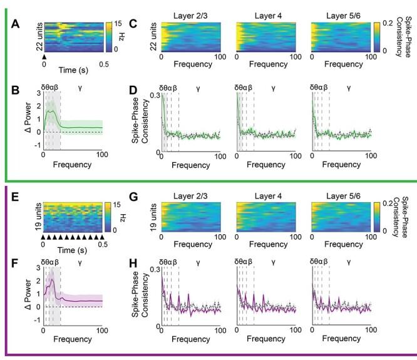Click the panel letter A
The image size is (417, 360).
point(16,24)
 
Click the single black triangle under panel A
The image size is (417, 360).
point(44,56)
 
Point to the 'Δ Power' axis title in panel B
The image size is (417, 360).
point(24,112)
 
